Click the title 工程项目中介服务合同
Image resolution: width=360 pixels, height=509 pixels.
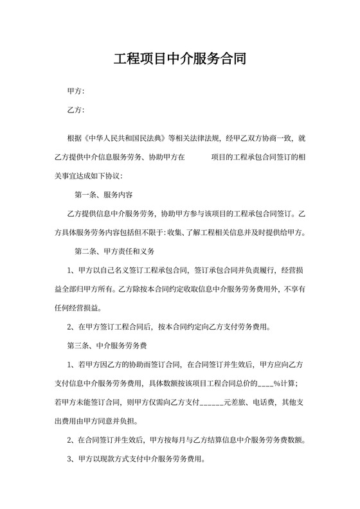tap(179, 60)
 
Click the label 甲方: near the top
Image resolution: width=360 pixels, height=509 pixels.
tap(76, 92)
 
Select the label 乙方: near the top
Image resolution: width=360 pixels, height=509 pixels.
tap(76, 111)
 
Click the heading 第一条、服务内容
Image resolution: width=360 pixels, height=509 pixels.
tap(104, 194)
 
